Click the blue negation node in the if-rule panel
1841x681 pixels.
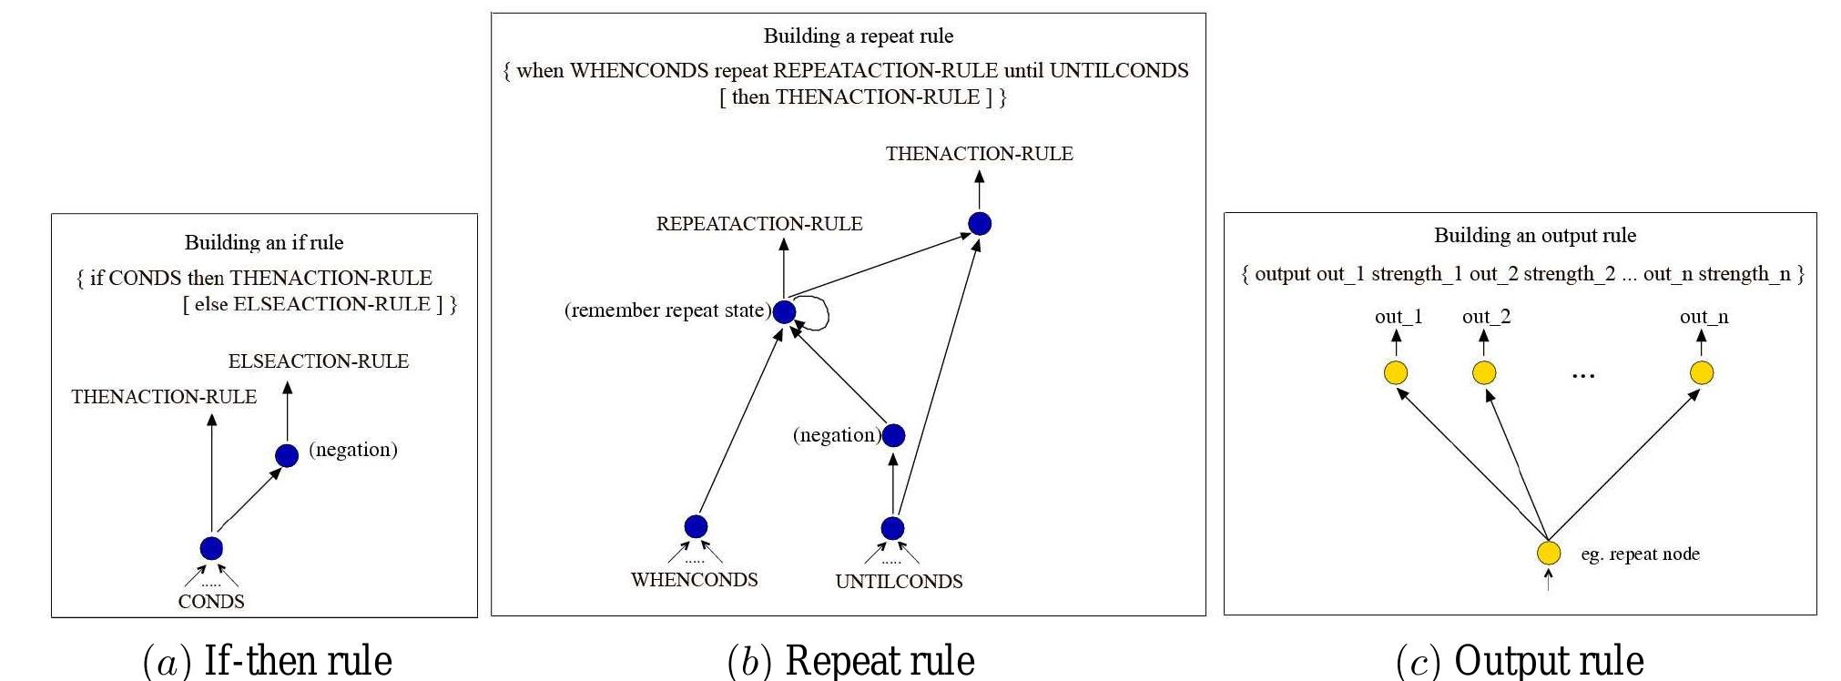[x=287, y=455]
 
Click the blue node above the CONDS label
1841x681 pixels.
[x=211, y=548]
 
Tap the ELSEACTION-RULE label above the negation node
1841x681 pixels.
[x=318, y=361]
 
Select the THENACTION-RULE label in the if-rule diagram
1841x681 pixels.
[x=164, y=397]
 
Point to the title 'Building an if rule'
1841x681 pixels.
[x=264, y=242]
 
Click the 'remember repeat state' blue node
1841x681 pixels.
[x=784, y=312]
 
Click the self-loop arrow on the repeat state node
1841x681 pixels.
[x=820, y=313]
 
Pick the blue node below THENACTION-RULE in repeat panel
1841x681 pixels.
[x=980, y=223]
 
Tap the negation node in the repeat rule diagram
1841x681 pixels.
[x=894, y=435]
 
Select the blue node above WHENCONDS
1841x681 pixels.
[x=696, y=526]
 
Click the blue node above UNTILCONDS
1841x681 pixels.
[x=892, y=528]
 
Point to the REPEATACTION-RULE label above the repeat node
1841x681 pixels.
[x=759, y=224]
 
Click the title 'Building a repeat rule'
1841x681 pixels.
[x=858, y=36]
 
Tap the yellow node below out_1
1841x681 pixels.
[x=1396, y=372]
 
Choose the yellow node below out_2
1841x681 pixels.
[x=1484, y=372]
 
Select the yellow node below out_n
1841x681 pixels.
[x=1702, y=372]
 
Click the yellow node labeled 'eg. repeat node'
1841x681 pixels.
[x=1549, y=553]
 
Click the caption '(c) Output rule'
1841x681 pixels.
[x=1520, y=660]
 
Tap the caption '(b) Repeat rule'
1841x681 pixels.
[x=850, y=660]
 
